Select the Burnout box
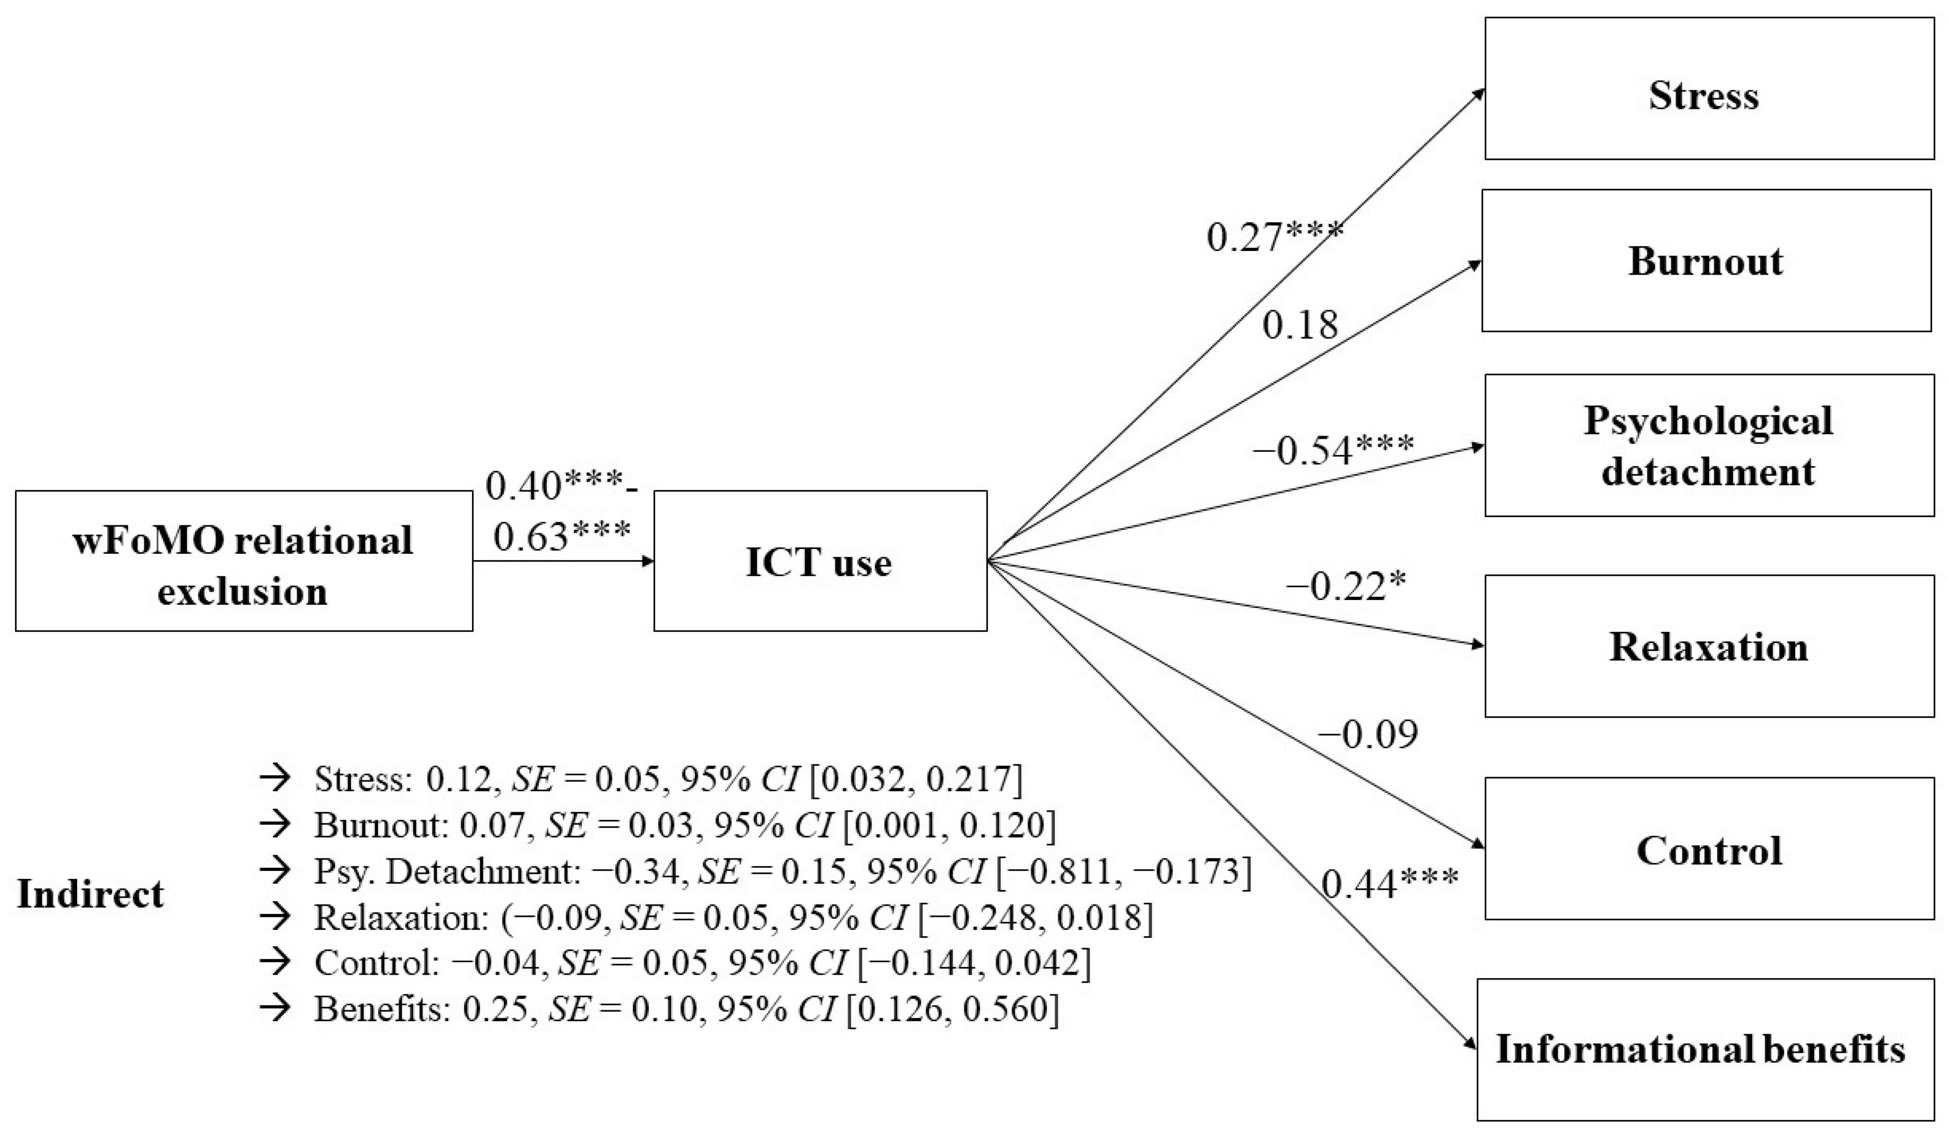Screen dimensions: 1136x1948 click(1705, 260)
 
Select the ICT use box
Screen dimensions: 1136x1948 click(819, 561)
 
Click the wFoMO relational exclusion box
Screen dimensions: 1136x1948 click(243, 561)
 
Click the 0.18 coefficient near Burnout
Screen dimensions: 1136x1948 click(1300, 325)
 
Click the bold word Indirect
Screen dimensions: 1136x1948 click(91, 894)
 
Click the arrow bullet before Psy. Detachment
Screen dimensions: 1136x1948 click(274, 871)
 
